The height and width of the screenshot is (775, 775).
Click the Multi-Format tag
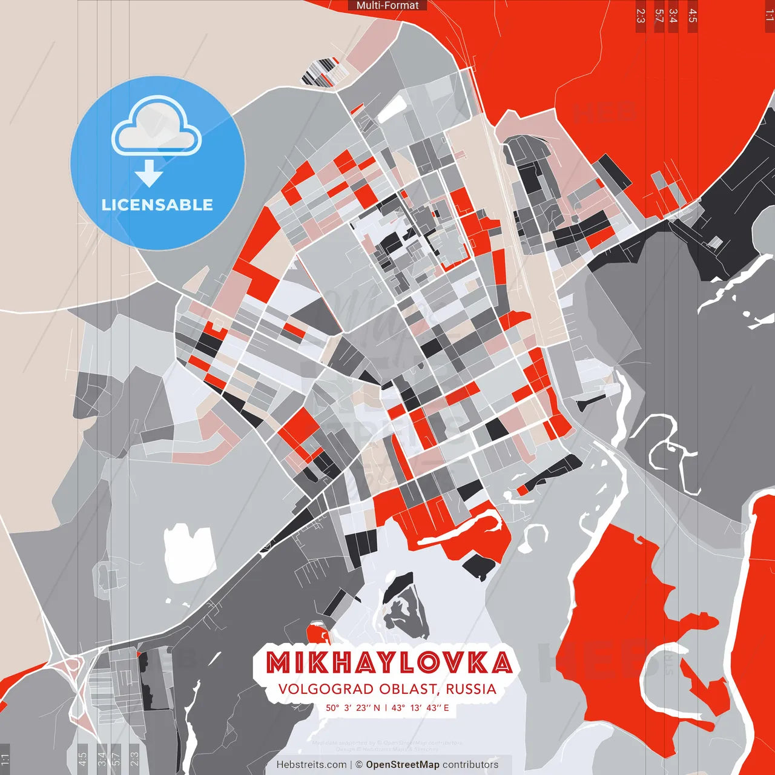coord(387,5)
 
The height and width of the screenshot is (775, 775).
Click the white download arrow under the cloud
coord(149,173)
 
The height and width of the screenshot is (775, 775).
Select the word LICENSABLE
coord(157,205)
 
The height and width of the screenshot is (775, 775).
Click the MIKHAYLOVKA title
coord(389,663)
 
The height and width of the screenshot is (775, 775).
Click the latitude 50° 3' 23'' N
coord(353,708)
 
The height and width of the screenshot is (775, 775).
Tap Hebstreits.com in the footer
coord(311,765)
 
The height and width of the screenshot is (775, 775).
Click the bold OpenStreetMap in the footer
coord(402,765)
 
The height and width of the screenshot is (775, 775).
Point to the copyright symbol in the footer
coord(359,765)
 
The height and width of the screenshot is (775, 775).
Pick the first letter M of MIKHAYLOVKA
coord(279,663)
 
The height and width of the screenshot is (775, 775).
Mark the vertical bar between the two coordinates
coord(386,708)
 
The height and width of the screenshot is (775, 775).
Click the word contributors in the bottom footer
coord(470,765)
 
